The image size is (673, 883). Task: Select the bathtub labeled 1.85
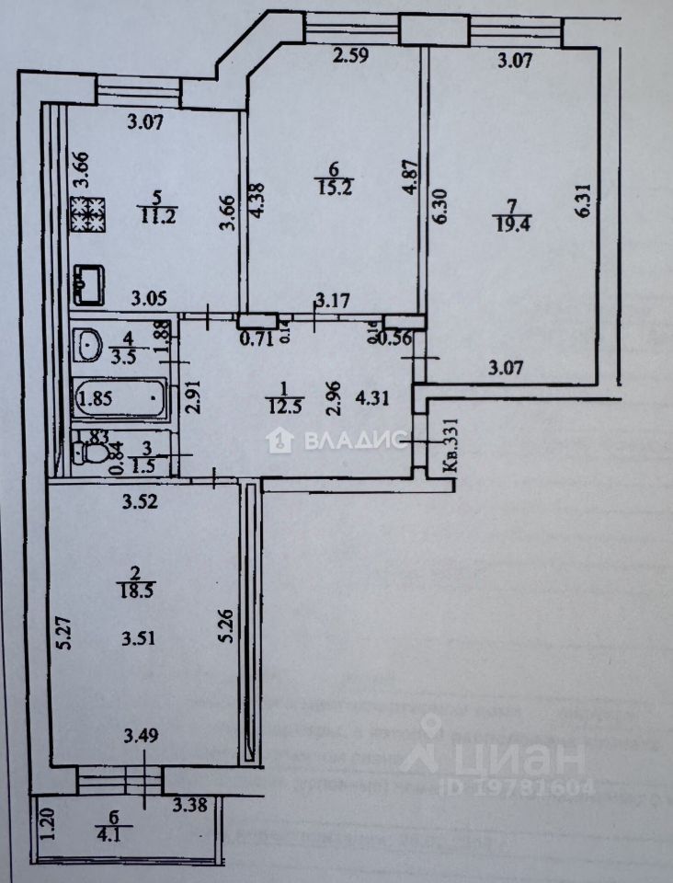(x=120, y=399)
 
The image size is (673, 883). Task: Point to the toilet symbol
(x=93, y=453)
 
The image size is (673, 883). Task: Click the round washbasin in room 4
(x=90, y=345)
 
